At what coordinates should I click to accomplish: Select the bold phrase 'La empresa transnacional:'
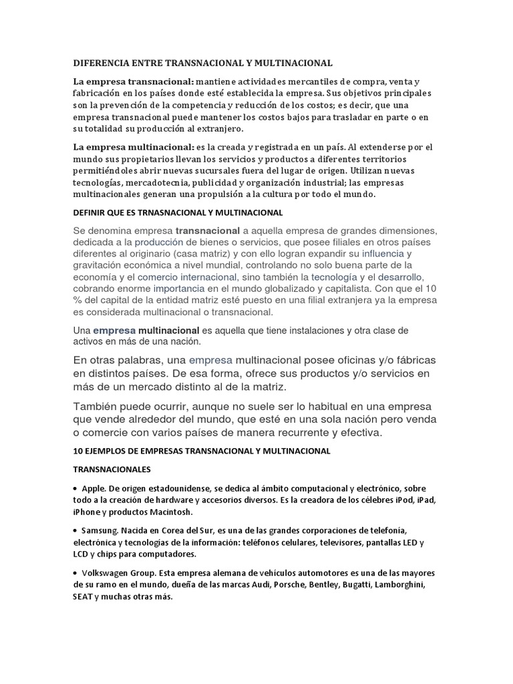point(132,81)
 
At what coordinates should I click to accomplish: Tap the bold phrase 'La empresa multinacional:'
point(132,146)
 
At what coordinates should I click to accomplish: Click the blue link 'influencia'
point(383,254)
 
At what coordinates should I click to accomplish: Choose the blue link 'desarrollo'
point(401,277)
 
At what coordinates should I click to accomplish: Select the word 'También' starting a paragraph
point(98,407)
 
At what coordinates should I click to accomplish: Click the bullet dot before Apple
point(75,488)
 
